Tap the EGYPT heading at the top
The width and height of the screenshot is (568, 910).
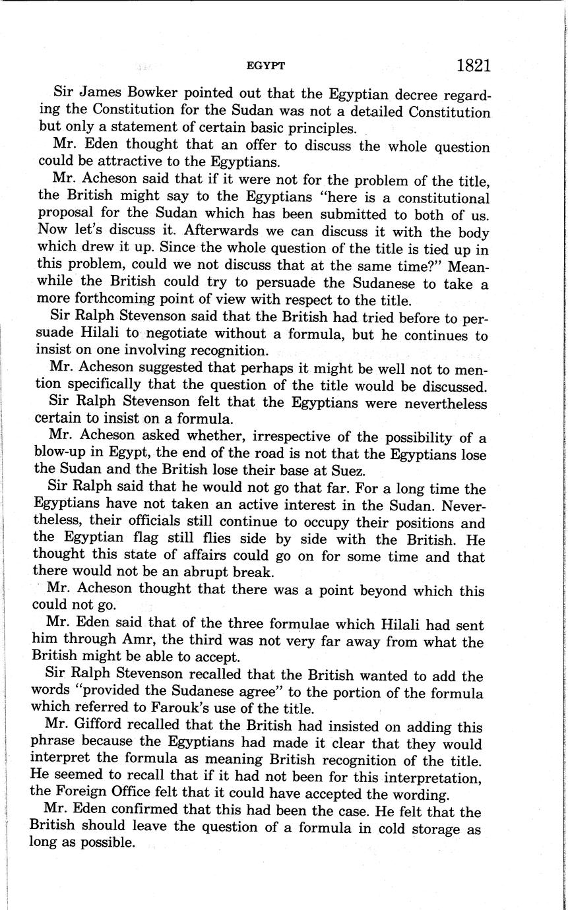tap(265, 66)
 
